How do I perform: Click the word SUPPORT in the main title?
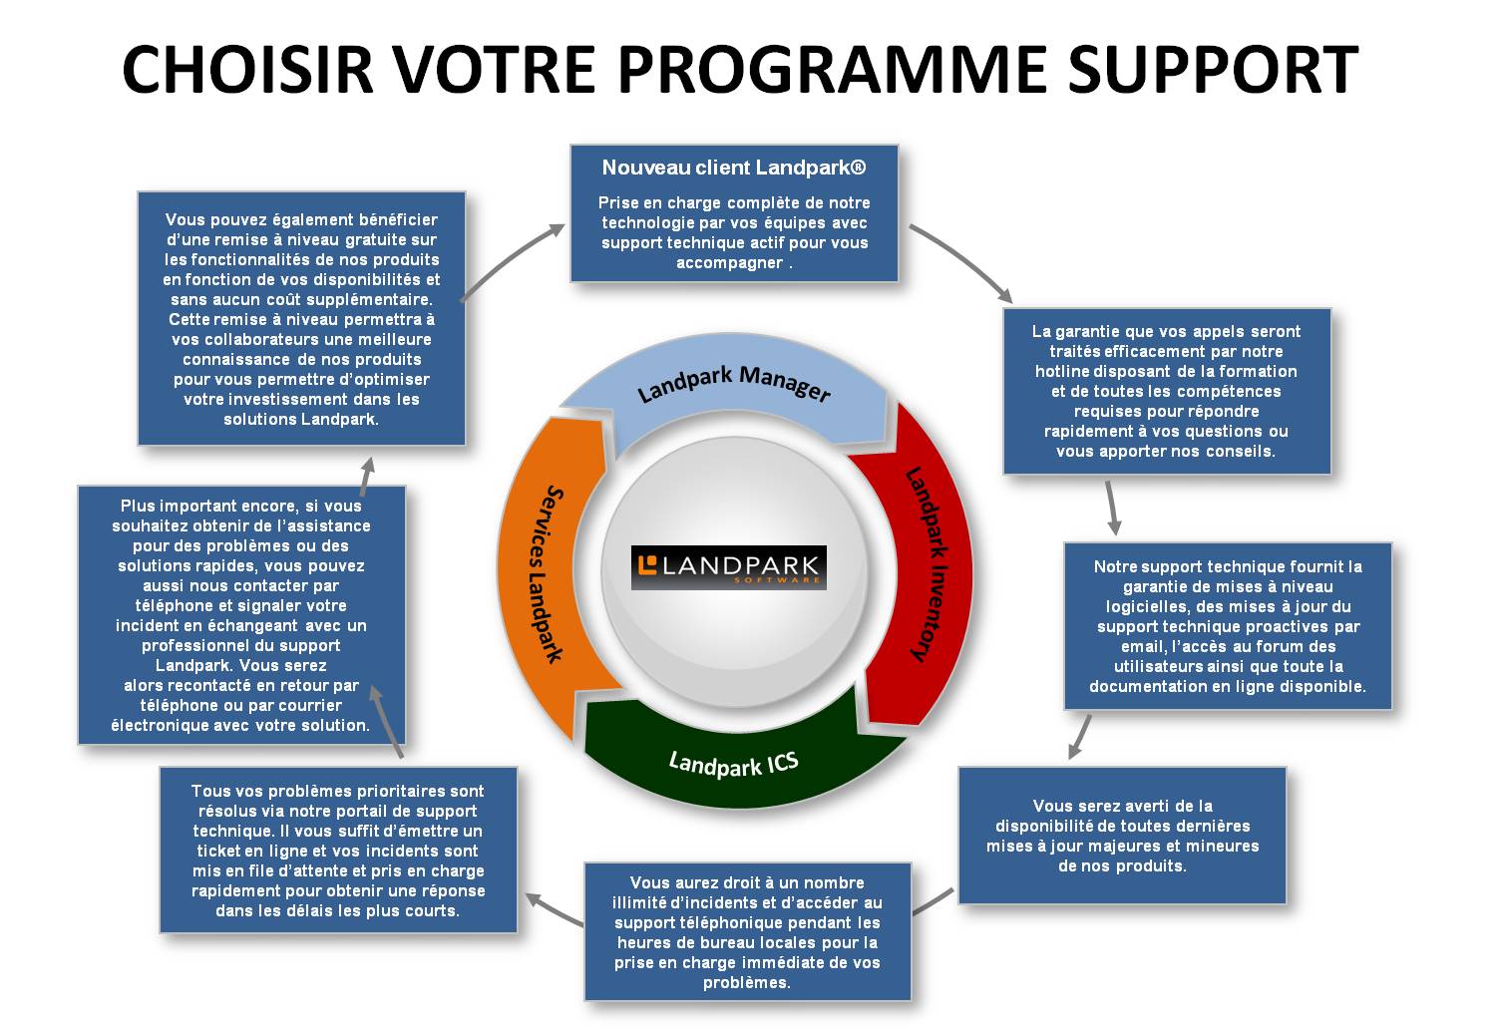(1213, 70)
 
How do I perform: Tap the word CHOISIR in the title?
(247, 70)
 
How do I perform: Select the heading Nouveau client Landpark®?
(734, 168)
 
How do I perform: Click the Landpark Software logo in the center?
(729, 567)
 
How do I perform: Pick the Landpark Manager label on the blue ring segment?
(734, 383)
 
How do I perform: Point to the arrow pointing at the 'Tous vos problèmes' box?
(554, 908)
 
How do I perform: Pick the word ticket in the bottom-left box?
(216, 852)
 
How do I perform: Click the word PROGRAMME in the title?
(832, 70)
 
